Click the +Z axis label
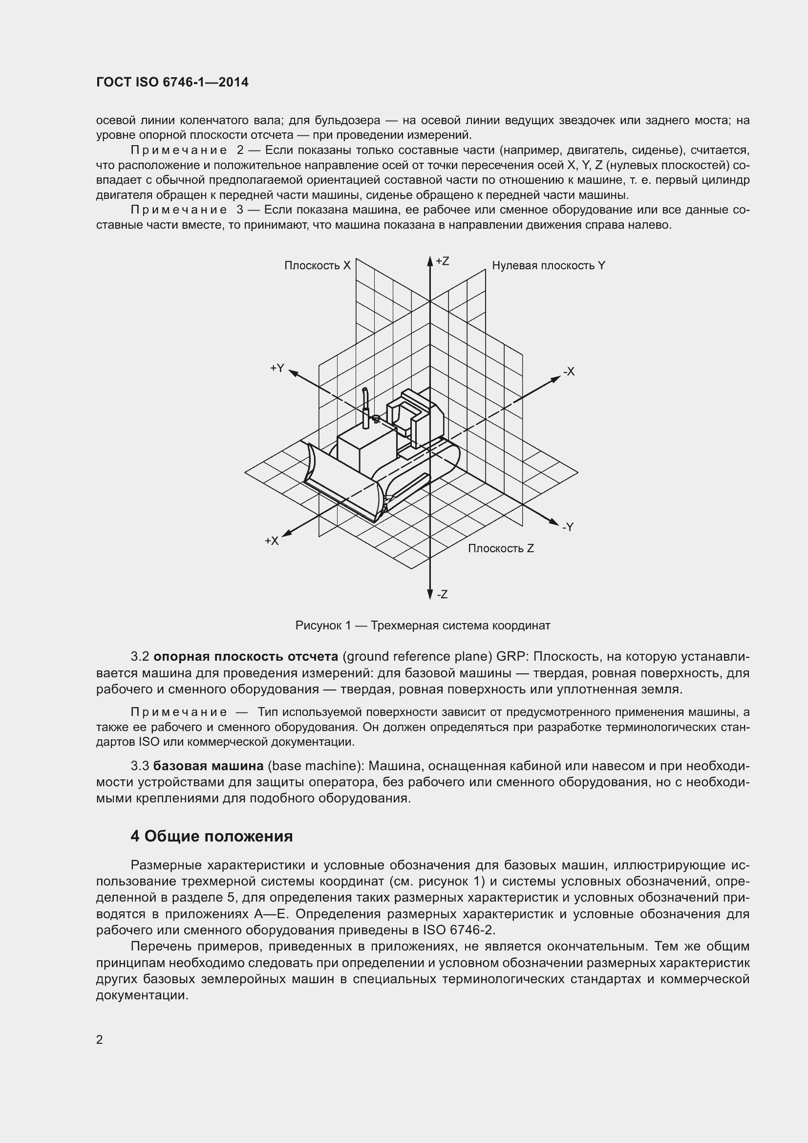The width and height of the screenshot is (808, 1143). pyautogui.click(x=442, y=261)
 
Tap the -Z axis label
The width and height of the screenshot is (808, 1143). pyautogui.click(x=442, y=594)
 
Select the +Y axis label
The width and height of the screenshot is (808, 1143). pyautogui.click(x=277, y=368)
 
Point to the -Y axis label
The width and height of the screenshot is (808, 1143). pyautogui.click(x=568, y=527)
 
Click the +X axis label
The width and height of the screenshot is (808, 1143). pyautogui.click(x=272, y=541)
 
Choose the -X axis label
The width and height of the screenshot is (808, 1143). pyautogui.click(x=569, y=371)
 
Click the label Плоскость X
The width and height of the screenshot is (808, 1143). pyautogui.click(x=318, y=266)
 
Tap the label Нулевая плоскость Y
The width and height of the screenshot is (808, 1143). pyautogui.click(x=548, y=266)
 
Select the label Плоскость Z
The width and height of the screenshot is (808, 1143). pyautogui.click(x=501, y=549)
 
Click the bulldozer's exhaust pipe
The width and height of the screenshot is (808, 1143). pyautogui.click(x=366, y=406)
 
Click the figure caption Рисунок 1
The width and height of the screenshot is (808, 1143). pyautogui.click(x=423, y=626)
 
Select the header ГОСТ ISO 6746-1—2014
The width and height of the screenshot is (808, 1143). pyautogui.click(x=172, y=82)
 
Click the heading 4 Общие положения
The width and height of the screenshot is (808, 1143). pyautogui.click(x=212, y=836)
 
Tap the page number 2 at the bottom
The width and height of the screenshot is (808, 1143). pyautogui.click(x=100, y=1040)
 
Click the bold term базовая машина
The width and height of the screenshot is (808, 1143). pyautogui.click(x=209, y=766)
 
